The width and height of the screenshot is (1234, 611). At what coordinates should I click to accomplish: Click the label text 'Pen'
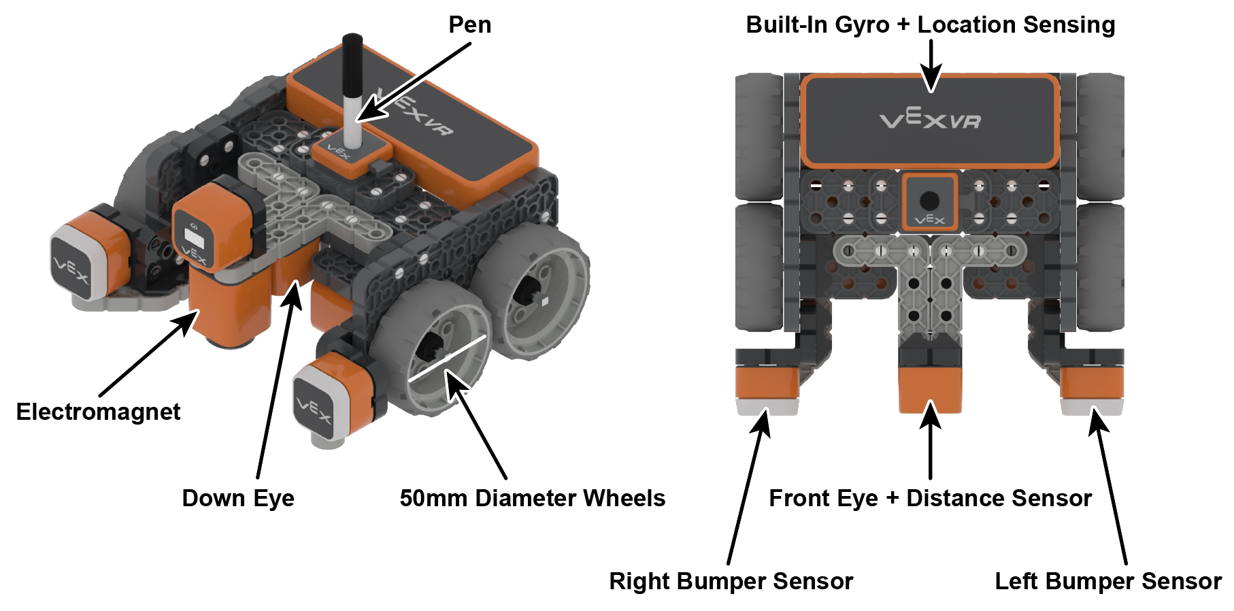469,25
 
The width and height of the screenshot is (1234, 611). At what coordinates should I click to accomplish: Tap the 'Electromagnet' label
98,412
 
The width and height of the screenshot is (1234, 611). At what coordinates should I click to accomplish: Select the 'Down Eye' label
238,498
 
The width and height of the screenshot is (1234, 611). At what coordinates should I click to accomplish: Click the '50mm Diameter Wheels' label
532,498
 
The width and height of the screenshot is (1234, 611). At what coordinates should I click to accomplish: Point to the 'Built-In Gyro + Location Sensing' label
930,25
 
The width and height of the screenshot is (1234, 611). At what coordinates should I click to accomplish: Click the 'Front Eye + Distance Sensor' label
930,498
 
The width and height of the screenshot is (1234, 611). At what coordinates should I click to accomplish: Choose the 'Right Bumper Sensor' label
731,581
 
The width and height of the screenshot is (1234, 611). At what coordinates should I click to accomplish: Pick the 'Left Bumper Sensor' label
1107,581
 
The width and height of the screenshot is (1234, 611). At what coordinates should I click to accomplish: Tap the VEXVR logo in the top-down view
930,120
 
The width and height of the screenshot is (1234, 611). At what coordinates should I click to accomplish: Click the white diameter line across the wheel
447,358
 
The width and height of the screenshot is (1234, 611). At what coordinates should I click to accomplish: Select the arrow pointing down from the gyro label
931,65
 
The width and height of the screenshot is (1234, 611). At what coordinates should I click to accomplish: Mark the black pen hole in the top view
929,200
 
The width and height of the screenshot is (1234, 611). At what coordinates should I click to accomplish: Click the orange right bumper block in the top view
767,382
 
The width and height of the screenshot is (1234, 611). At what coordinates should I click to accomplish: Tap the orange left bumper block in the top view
1092,382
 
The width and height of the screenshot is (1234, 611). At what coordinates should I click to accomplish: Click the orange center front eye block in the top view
930,388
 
